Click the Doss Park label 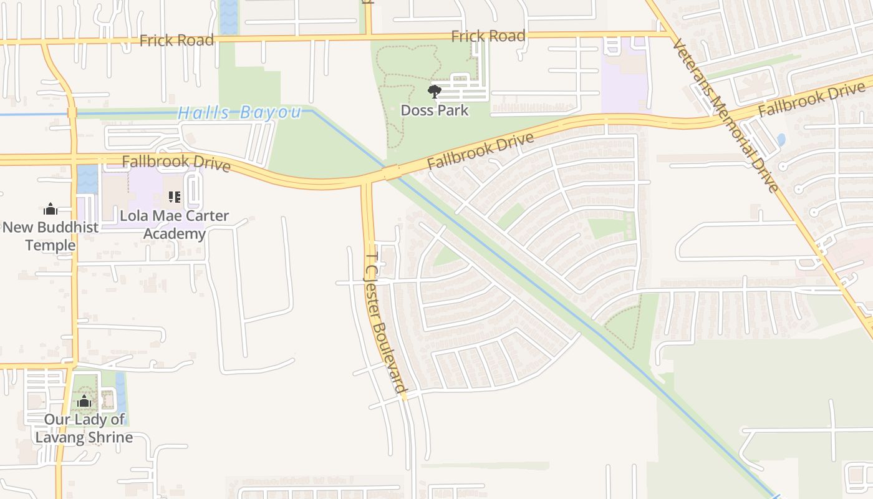pyautogui.click(x=435, y=110)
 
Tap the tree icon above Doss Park pyautogui.click(x=435, y=92)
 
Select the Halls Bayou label pyautogui.click(x=239, y=113)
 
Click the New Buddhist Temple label pyautogui.click(x=51, y=236)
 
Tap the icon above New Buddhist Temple pyautogui.click(x=51, y=209)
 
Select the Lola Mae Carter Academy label pyautogui.click(x=174, y=225)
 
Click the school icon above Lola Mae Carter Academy pyautogui.click(x=175, y=198)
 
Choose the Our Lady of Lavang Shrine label pyautogui.click(x=84, y=428)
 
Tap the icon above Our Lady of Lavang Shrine pyautogui.click(x=84, y=401)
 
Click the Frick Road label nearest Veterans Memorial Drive pyautogui.click(x=488, y=36)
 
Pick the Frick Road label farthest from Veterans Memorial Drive pyautogui.click(x=176, y=41)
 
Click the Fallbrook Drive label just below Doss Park pyautogui.click(x=481, y=151)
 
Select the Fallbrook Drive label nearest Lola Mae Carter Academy pyautogui.click(x=176, y=163)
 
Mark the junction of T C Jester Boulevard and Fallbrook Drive pyautogui.click(x=367, y=181)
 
